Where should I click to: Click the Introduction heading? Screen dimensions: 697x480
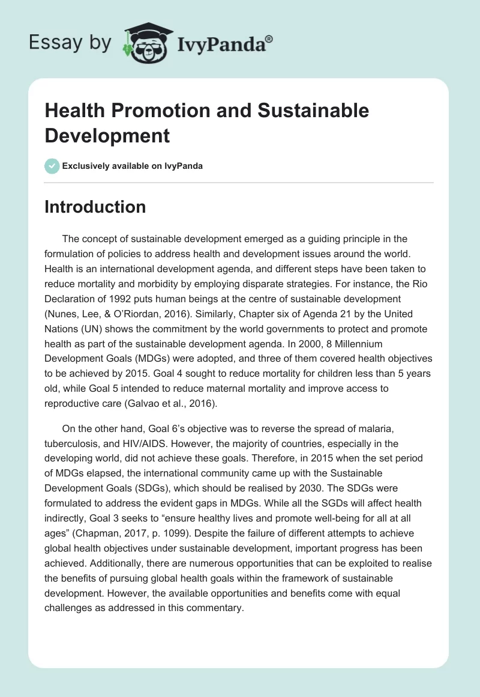tap(95, 207)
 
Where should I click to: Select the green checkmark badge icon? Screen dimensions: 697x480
tap(52, 166)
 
